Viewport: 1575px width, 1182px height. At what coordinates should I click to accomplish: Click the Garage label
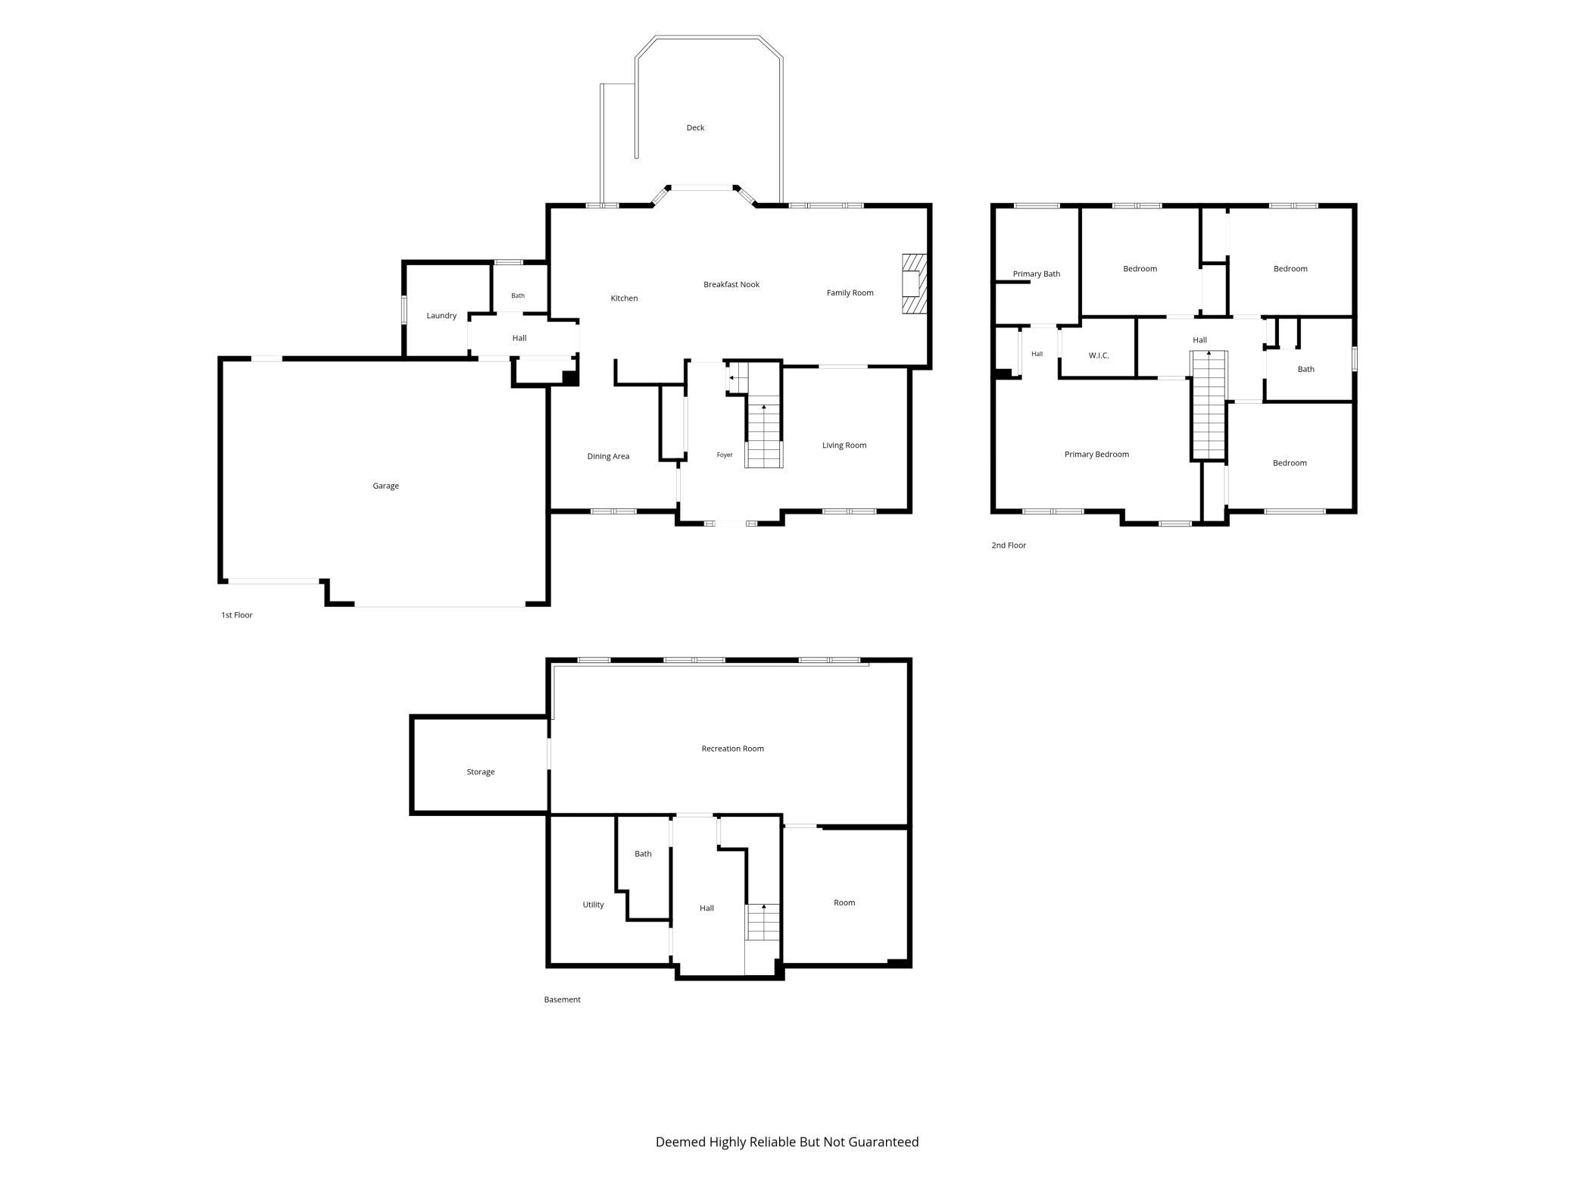point(385,486)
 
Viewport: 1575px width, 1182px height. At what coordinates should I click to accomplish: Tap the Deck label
point(695,127)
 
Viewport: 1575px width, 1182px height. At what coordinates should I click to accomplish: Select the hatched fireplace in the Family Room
point(914,283)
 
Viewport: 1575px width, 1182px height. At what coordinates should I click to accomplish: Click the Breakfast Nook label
point(731,284)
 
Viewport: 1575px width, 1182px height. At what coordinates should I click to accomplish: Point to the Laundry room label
point(441,315)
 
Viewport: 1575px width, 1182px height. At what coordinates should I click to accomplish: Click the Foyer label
point(725,455)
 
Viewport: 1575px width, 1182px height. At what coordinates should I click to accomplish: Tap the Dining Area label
point(608,456)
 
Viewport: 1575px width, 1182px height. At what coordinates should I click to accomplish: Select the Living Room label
point(844,445)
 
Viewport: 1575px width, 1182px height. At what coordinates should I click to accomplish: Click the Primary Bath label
point(1037,274)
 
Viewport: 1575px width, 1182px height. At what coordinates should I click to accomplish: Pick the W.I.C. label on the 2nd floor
point(1099,355)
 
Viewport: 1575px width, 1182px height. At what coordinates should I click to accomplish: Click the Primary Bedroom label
point(1096,454)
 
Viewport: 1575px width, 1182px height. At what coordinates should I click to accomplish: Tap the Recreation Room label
point(732,748)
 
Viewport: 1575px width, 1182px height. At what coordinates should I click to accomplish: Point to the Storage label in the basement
point(480,771)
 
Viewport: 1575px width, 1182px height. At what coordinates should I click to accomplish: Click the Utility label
point(593,904)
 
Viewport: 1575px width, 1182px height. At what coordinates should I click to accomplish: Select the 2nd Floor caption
point(1009,545)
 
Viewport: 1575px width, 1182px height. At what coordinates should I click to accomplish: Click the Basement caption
point(562,999)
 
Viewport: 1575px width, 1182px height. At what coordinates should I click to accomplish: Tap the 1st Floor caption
point(236,614)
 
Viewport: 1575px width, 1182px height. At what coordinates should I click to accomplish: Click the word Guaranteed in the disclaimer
point(883,1141)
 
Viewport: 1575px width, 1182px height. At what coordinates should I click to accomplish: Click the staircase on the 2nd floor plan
point(1209,405)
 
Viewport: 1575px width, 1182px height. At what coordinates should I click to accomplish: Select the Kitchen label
point(624,298)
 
